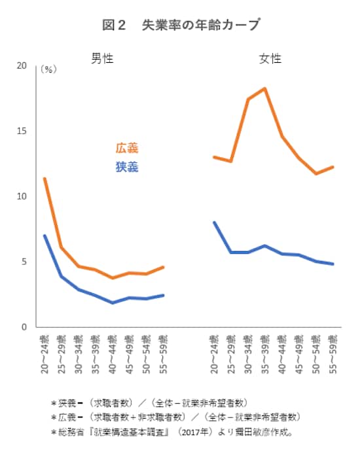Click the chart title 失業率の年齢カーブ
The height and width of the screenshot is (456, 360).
tap(181, 26)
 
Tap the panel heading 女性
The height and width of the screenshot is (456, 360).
tap(270, 59)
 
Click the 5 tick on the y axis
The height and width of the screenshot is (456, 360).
tap(24, 262)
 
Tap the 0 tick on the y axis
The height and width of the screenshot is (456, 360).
tap(24, 326)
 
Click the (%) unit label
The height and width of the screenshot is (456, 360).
tap(48, 69)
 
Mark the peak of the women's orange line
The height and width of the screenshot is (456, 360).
tap(265, 88)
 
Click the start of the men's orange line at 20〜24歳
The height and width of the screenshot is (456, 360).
tap(44, 179)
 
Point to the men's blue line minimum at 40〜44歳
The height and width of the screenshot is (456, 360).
tap(112, 302)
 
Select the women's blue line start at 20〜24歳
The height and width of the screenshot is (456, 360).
tap(215, 223)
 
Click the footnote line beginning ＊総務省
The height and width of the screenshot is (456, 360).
tap(171, 432)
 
